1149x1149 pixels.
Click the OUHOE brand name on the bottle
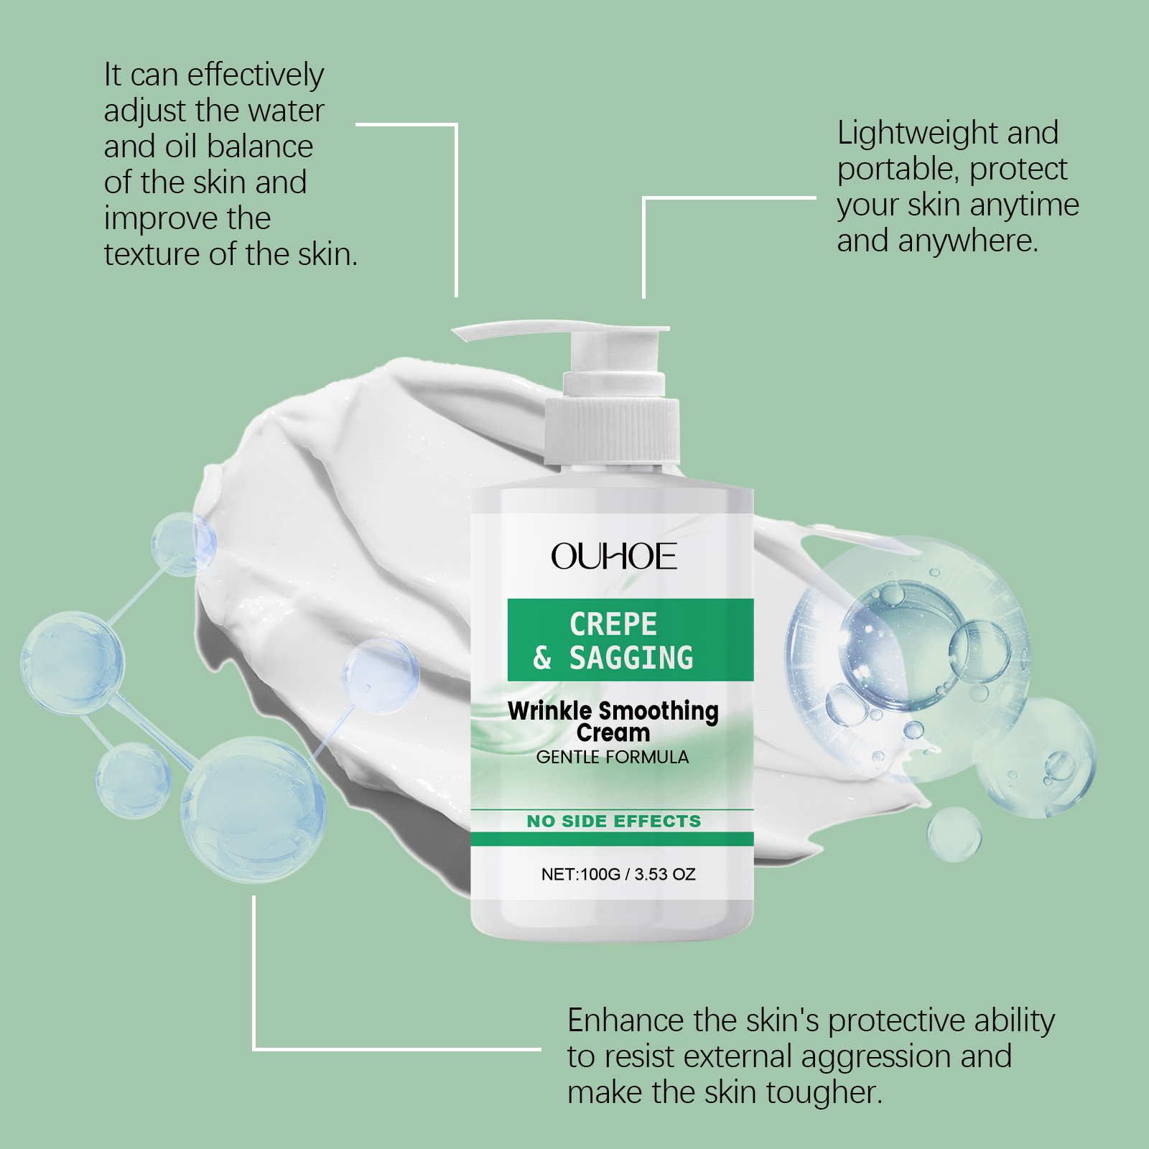point(614,557)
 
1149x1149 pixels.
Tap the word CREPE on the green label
point(613,624)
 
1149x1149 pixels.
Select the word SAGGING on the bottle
point(631,658)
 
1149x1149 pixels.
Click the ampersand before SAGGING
point(542,658)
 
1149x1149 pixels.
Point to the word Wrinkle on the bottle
point(550,711)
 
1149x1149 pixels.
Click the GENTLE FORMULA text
point(613,757)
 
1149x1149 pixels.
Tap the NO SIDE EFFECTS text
point(614,821)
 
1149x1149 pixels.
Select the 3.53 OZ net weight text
point(665,874)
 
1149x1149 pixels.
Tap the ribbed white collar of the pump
point(612,432)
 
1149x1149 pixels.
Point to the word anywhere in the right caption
point(968,241)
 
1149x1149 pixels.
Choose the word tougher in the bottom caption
point(824,1093)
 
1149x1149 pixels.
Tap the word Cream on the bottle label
point(613,733)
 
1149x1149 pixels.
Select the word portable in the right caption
point(898,170)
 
